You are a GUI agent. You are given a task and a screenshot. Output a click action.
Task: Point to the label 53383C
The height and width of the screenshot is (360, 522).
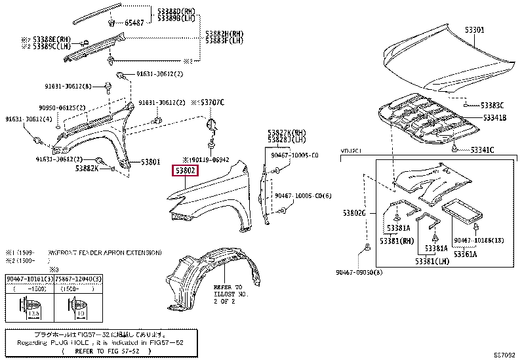(491, 106)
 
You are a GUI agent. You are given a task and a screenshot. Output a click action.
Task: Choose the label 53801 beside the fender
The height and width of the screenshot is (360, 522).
(150, 162)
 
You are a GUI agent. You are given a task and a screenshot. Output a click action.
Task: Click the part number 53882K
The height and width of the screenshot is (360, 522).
(86, 169)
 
